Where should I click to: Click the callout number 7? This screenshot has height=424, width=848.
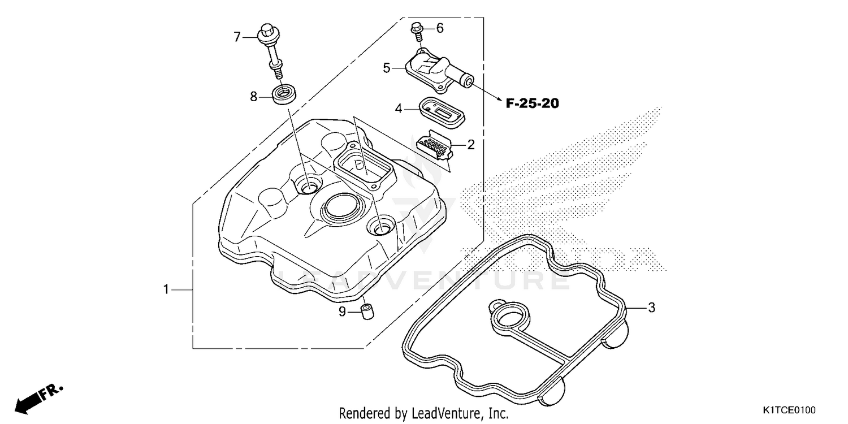coord(237,37)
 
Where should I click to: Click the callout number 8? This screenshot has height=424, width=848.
coord(254,97)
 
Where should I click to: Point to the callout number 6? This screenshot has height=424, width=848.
coord(440,28)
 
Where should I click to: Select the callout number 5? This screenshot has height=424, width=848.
coord(387,68)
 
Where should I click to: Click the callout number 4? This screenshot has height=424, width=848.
coord(399,108)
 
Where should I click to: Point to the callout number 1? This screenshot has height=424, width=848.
coord(166,289)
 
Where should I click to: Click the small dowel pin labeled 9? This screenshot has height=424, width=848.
coord(367,311)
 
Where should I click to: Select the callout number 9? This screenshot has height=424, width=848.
coord(342,311)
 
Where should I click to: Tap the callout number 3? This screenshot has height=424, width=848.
coord(651,308)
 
